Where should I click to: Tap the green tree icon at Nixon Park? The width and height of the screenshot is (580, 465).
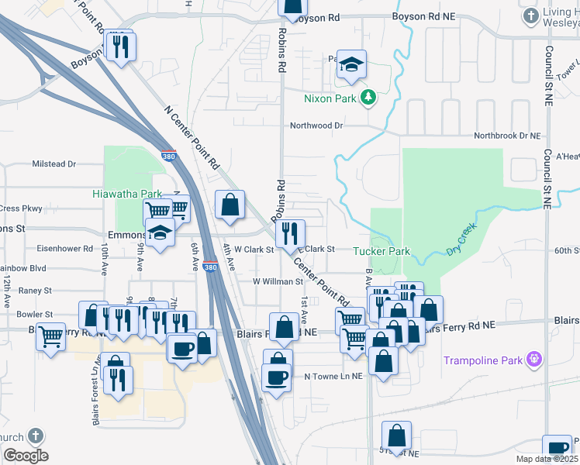(370, 97)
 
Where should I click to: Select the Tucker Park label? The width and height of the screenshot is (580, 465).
(381, 251)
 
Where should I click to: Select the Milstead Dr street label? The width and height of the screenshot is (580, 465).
(54, 164)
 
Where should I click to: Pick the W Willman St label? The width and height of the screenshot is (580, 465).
(277, 281)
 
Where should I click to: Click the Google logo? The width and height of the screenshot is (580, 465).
(25, 456)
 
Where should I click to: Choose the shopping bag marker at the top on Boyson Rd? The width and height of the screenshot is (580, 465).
(292, 8)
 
